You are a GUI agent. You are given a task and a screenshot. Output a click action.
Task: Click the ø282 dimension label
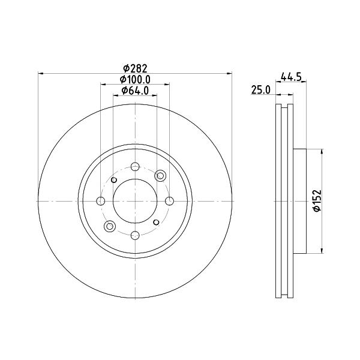coord(135,68)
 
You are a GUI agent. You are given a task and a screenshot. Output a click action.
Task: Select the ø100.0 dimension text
coord(135,79)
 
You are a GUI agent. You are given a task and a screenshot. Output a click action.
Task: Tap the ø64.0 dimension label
coord(135,91)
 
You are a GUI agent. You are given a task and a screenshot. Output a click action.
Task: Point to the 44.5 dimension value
coord(291,77)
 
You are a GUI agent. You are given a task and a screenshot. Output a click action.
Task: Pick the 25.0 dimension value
coord(261,89)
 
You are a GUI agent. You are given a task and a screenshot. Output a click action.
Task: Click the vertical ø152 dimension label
coord(317,200)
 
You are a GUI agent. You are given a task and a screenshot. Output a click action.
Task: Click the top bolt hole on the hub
coord(135,167)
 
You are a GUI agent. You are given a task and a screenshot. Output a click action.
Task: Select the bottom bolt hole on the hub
coord(135,235)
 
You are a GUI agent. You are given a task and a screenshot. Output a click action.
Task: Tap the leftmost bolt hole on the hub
coord(101,201)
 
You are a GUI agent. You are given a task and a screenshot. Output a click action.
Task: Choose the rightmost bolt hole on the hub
coord(169,201)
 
